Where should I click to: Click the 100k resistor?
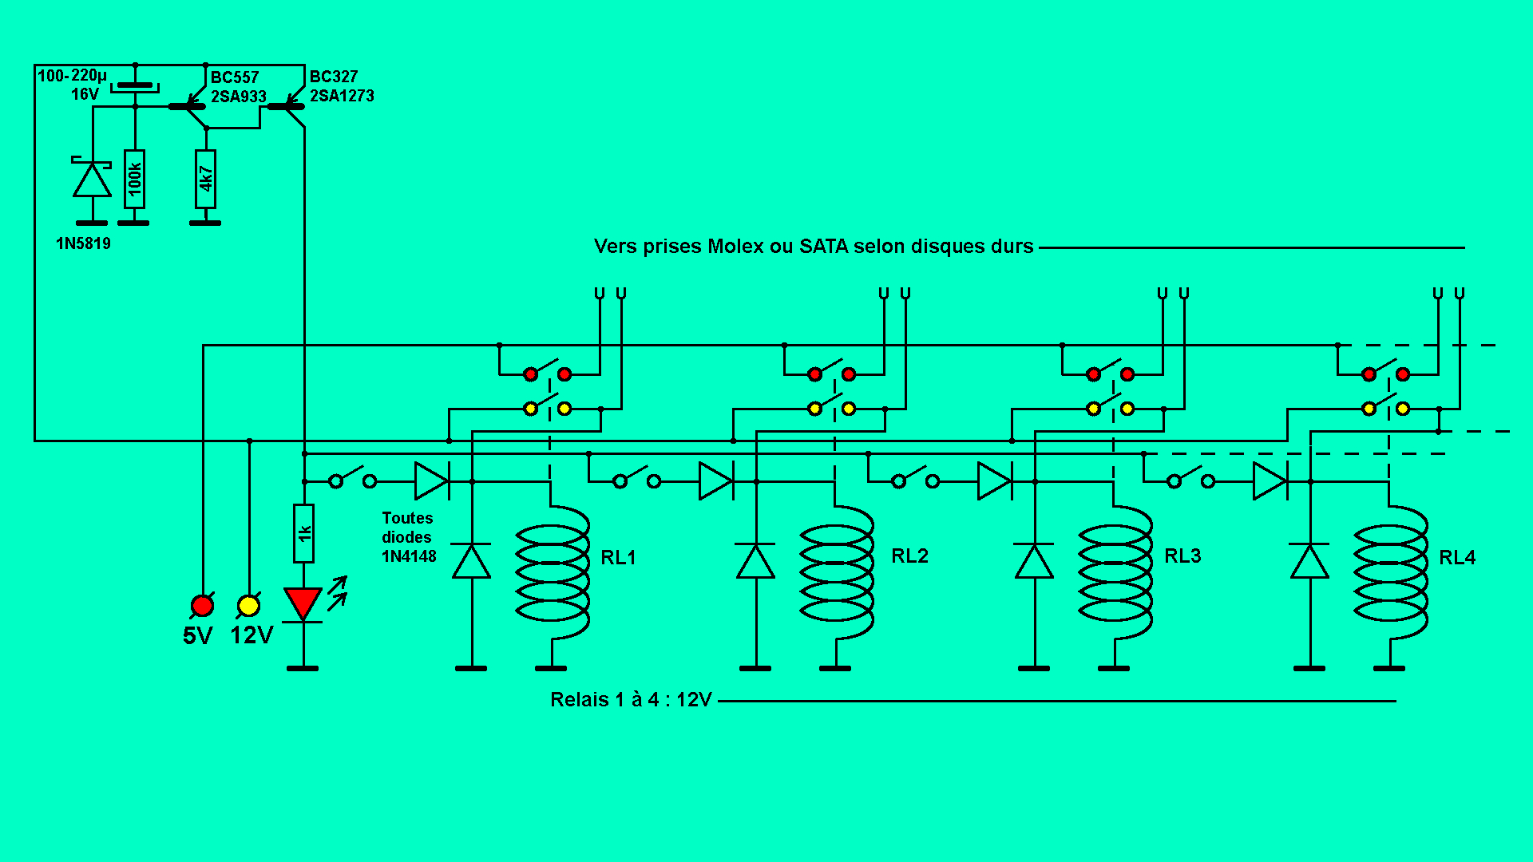pyautogui.click(x=134, y=179)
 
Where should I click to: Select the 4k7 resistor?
pyautogui.click(x=205, y=179)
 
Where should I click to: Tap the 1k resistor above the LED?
pyautogui.click(x=303, y=532)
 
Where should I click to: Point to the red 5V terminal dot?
pyautogui.click(x=202, y=606)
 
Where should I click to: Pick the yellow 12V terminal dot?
pyautogui.click(x=248, y=606)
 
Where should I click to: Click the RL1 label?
pyautogui.click(x=618, y=557)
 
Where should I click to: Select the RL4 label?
pyautogui.click(x=1456, y=557)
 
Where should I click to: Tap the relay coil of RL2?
pyautogui.click(x=837, y=572)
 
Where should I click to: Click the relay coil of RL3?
pyautogui.click(x=1115, y=572)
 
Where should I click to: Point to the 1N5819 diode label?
pyautogui.click(x=83, y=243)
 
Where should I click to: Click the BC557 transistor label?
pyautogui.click(x=235, y=77)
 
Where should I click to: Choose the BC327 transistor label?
pyautogui.click(x=334, y=77)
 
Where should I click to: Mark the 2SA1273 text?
pyautogui.click(x=342, y=96)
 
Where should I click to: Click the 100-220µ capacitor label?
pyautogui.click(x=72, y=76)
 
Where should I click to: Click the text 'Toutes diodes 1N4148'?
pyautogui.click(x=408, y=537)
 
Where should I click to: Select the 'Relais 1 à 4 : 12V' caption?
pyautogui.click(x=631, y=700)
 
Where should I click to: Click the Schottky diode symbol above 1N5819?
pyautogui.click(x=93, y=179)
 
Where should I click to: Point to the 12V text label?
pyautogui.click(x=252, y=635)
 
